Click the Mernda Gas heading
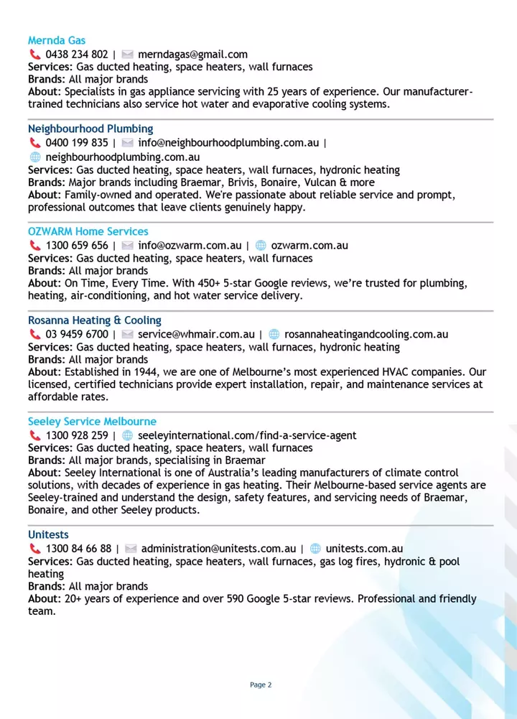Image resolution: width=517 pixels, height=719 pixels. tap(57, 40)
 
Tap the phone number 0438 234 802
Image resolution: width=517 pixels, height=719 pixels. tap(77, 54)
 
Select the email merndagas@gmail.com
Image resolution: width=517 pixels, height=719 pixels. tap(192, 54)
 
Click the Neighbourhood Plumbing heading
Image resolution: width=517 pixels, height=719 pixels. tap(90, 129)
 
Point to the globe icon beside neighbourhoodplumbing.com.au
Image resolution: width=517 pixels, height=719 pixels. tap(34, 157)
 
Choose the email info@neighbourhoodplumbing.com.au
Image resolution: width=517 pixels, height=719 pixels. tap(228, 143)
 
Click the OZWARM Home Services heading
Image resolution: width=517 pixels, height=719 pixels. tap(88, 231)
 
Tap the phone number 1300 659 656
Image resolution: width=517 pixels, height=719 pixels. tap(77, 246)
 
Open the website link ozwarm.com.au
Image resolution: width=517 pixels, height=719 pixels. tap(309, 246)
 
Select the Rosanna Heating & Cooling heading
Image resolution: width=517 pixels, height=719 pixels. tap(95, 320)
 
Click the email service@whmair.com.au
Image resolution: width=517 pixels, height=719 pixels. tap(196, 334)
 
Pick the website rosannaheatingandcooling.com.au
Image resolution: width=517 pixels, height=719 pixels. tap(366, 334)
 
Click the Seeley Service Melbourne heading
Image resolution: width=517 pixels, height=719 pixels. tap(92, 422)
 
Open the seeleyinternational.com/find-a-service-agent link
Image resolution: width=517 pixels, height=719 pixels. tap(247, 435)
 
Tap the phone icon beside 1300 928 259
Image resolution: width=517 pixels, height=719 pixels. tap(34, 435)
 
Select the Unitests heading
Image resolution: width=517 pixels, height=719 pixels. tap(48, 534)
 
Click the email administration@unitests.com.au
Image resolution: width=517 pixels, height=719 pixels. tap(218, 549)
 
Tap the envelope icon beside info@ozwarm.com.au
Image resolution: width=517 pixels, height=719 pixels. tap(128, 246)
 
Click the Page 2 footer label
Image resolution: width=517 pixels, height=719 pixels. tap(261, 685)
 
